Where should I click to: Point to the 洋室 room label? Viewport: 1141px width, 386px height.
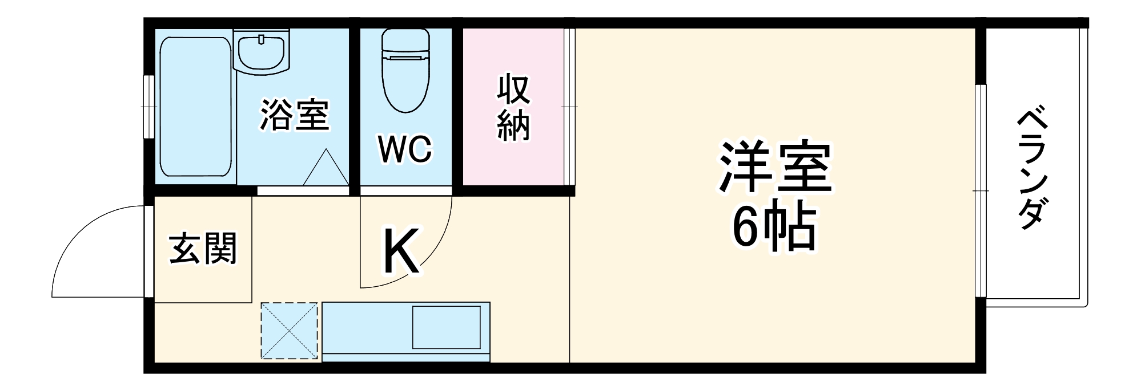775,166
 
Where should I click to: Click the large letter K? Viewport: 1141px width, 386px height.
401,251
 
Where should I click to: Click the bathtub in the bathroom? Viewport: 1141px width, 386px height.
195,107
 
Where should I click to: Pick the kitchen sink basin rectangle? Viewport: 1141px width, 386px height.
446,327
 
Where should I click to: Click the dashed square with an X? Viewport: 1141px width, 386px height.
289,331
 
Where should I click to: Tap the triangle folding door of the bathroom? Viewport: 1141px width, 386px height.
326,168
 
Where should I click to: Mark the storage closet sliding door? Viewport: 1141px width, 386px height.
569,107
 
